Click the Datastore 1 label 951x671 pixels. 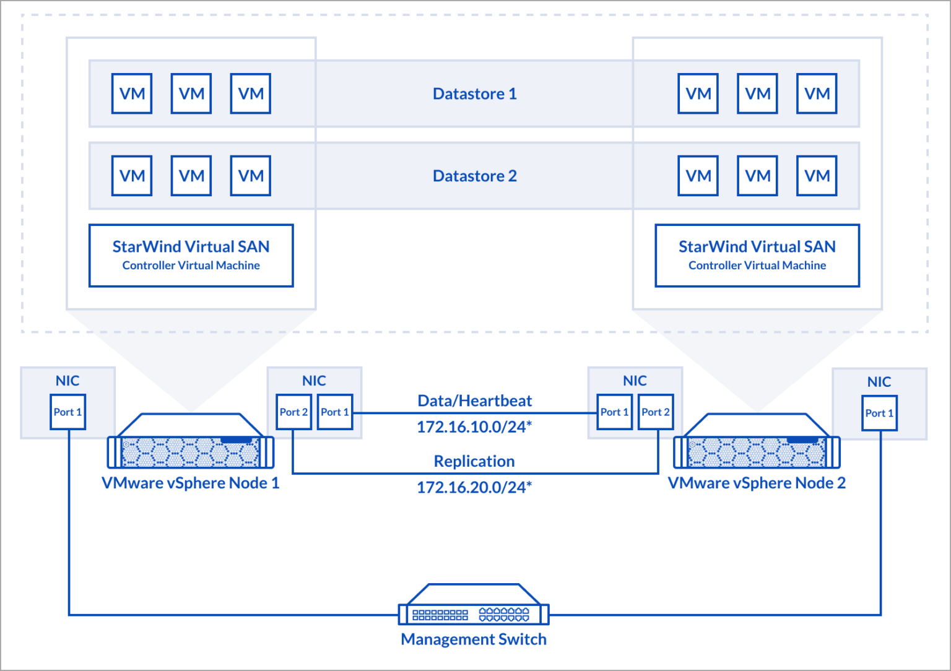pyautogui.click(x=474, y=94)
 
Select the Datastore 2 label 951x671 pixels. pyautogui.click(x=474, y=176)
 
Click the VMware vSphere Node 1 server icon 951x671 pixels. pyautogui.click(x=191, y=443)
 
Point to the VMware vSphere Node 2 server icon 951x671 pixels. pyautogui.click(x=757, y=443)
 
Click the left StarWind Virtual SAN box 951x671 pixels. pyautogui.click(x=191, y=256)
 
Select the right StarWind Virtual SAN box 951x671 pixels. pyautogui.click(x=757, y=256)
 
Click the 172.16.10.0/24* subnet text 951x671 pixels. pyautogui.click(x=474, y=427)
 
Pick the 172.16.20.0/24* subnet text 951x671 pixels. pyautogui.click(x=474, y=488)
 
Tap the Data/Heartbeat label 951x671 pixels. pyautogui.click(x=474, y=401)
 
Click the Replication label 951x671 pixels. pyautogui.click(x=474, y=462)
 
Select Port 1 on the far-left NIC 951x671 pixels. pyautogui.click(x=67, y=412)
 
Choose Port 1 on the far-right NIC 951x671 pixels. pyautogui.click(x=879, y=413)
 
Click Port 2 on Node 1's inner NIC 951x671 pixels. pyautogui.click(x=293, y=412)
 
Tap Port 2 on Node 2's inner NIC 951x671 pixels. pyautogui.click(x=655, y=412)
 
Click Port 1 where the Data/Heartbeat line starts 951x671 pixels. pyautogui.click(x=334, y=412)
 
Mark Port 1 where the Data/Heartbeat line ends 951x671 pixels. pyautogui.click(x=614, y=412)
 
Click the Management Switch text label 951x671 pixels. pyautogui.click(x=474, y=639)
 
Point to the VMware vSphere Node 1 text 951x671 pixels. pyautogui.click(x=191, y=483)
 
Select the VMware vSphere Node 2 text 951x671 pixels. pyautogui.click(x=757, y=483)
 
